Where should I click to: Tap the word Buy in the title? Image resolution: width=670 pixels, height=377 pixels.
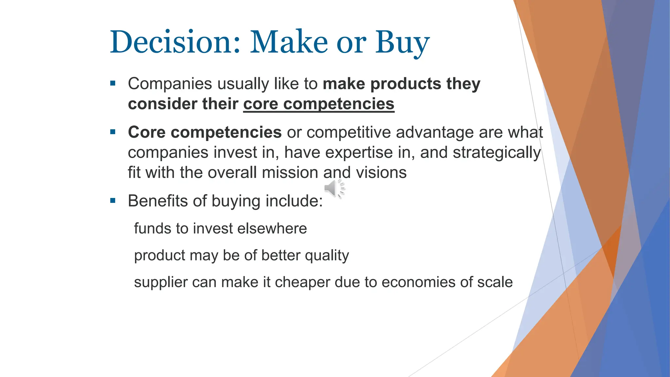[x=402, y=43]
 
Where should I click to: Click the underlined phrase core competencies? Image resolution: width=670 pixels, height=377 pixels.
[x=319, y=104]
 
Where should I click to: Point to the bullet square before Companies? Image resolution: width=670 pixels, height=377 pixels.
[x=113, y=83]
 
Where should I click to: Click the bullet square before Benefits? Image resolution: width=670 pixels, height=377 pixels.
[x=113, y=201]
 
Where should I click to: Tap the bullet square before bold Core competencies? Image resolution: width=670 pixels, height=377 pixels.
[x=113, y=132]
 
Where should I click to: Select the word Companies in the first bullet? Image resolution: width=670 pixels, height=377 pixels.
[x=170, y=84]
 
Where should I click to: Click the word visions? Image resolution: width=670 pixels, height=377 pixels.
[x=381, y=172]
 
